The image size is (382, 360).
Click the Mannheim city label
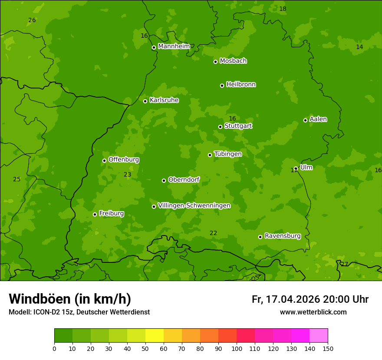point(174,46)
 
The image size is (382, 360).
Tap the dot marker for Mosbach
point(215,62)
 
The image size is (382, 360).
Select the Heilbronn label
point(241,84)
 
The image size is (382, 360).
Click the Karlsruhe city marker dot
point(145,101)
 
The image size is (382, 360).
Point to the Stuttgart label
point(238,126)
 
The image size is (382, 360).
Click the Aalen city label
point(318,119)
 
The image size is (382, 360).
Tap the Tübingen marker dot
point(210,155)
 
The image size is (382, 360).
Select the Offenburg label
point(124,159)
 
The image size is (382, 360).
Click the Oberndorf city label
point(184,179)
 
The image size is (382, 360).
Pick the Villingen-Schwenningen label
point(194,205)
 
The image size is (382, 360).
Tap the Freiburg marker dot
point(95,214)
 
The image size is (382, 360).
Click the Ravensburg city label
point(283,236)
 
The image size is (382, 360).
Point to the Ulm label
point(306,167)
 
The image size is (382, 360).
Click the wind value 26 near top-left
point(32,20)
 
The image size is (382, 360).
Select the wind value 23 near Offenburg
point(127,174)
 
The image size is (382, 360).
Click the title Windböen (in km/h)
point(70,299)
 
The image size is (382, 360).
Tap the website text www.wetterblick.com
point(313,312)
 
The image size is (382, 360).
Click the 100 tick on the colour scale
point(237,349)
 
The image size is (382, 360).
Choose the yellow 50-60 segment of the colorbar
point(155,336)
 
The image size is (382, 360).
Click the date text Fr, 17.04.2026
point(286,299)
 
